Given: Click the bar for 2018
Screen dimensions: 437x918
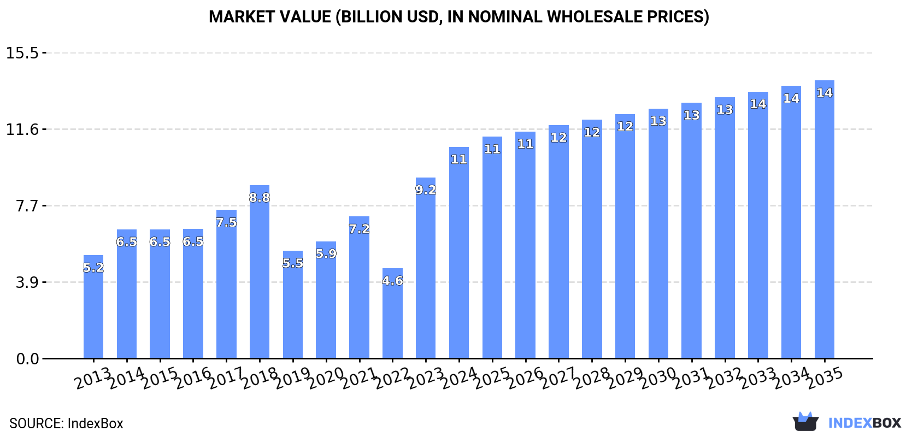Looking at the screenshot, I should [x=260, y=273].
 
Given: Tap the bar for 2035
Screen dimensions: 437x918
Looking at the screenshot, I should [x=824, y=218].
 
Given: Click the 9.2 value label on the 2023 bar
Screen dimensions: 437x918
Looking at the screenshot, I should [x=426, y=190].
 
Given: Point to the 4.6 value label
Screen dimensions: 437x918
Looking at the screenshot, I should [x=392, y=281].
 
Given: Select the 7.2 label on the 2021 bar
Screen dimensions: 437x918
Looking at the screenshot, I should [x=359, y=229].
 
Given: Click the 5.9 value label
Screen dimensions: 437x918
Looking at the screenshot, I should [x=326, y=254].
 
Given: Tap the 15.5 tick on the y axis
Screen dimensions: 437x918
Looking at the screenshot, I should [x=22, y=53].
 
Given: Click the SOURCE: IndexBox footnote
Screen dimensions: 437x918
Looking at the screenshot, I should [x=66, y=423].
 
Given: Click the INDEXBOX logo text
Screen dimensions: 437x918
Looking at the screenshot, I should [x=864, y=423].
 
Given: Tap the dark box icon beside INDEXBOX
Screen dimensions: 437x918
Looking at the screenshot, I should [x=805, y=422].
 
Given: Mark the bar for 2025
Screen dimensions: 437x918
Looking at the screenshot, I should [x=492, y=251].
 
